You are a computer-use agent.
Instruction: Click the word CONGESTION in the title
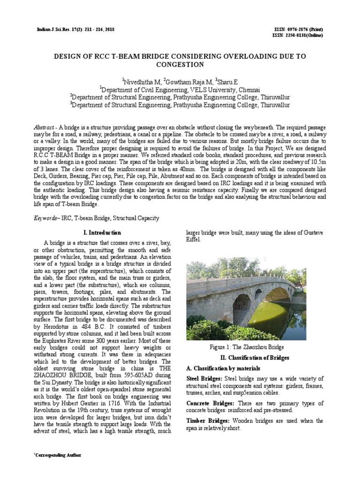(x=180, y=64)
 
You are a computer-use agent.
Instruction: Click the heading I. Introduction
(x=102, y=232)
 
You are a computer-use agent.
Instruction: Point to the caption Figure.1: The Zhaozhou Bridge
(x=247, y=347)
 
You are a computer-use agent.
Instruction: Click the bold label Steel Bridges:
(x=205, y=379)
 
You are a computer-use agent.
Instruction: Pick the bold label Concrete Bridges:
(x=210, y=403)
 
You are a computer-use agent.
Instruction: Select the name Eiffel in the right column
(x=194, y=240)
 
